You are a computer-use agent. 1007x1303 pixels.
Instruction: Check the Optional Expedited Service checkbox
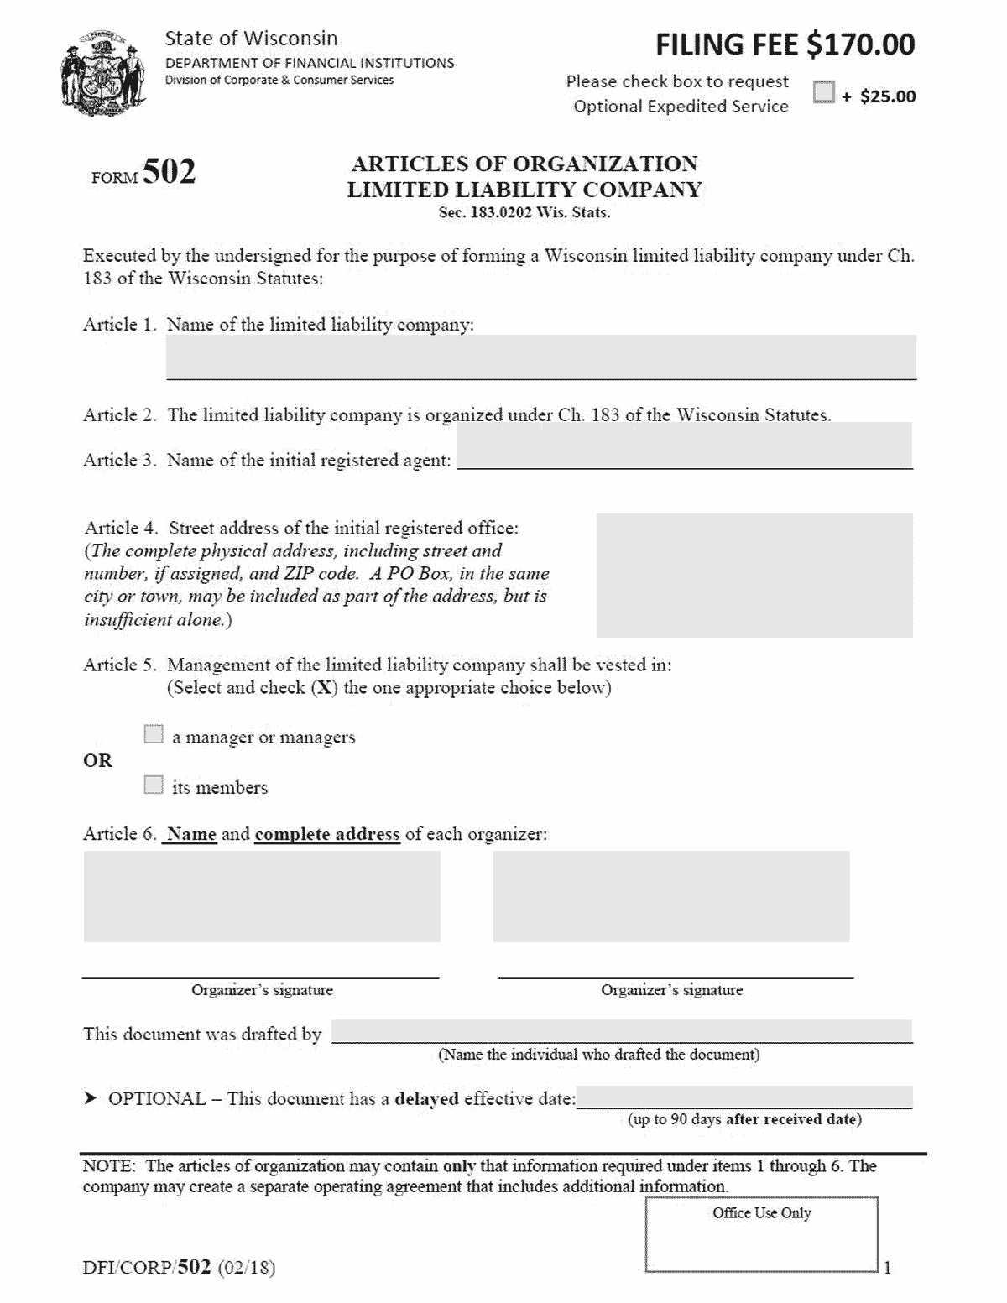824,92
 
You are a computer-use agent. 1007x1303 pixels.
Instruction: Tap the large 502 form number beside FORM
169,171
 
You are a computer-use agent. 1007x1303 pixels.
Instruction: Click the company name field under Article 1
540,357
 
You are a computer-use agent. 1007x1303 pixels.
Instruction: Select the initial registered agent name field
684,446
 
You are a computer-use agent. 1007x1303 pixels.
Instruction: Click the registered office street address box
754,576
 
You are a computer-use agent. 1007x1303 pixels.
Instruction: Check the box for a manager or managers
154,735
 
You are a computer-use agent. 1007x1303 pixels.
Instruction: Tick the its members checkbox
154,785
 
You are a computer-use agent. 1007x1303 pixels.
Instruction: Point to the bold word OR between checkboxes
97,760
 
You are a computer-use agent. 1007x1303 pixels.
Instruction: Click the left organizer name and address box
262,896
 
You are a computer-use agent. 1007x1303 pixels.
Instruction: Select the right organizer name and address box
670,896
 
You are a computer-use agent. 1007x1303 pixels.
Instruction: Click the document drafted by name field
621,1031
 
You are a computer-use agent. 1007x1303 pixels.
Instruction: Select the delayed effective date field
744,1097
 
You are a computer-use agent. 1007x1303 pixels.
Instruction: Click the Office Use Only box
761,1234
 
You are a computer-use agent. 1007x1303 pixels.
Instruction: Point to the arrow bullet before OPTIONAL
91,1099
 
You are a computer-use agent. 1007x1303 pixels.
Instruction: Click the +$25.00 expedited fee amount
879,96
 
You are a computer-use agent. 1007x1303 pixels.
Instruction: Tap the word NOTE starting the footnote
107,1166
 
